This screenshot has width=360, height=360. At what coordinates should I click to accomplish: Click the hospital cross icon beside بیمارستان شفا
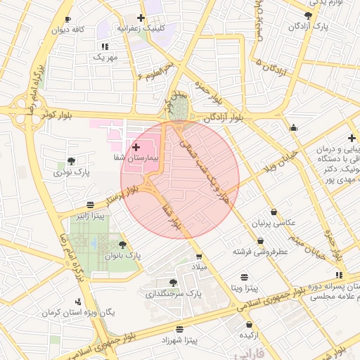136,147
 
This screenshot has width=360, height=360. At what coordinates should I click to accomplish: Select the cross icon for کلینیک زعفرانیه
141,18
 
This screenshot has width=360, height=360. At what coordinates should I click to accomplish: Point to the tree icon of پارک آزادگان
308,15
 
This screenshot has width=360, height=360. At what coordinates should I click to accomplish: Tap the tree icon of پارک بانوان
123,245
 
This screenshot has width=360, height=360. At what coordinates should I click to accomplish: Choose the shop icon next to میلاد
199,256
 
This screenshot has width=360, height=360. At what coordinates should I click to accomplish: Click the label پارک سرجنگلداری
173,294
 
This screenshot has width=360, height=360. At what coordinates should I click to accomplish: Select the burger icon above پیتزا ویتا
244,276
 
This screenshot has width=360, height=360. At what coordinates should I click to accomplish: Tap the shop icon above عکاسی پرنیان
273,212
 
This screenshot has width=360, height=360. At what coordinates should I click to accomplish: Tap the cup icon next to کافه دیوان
67,19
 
